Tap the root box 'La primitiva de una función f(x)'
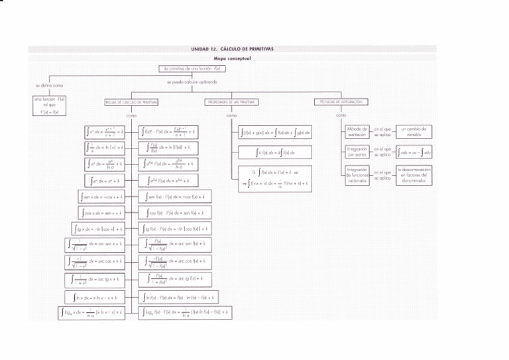192,68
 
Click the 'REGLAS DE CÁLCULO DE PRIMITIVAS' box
131,103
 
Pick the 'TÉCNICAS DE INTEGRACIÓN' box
342,103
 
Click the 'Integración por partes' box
357,153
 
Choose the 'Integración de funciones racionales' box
357,176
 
